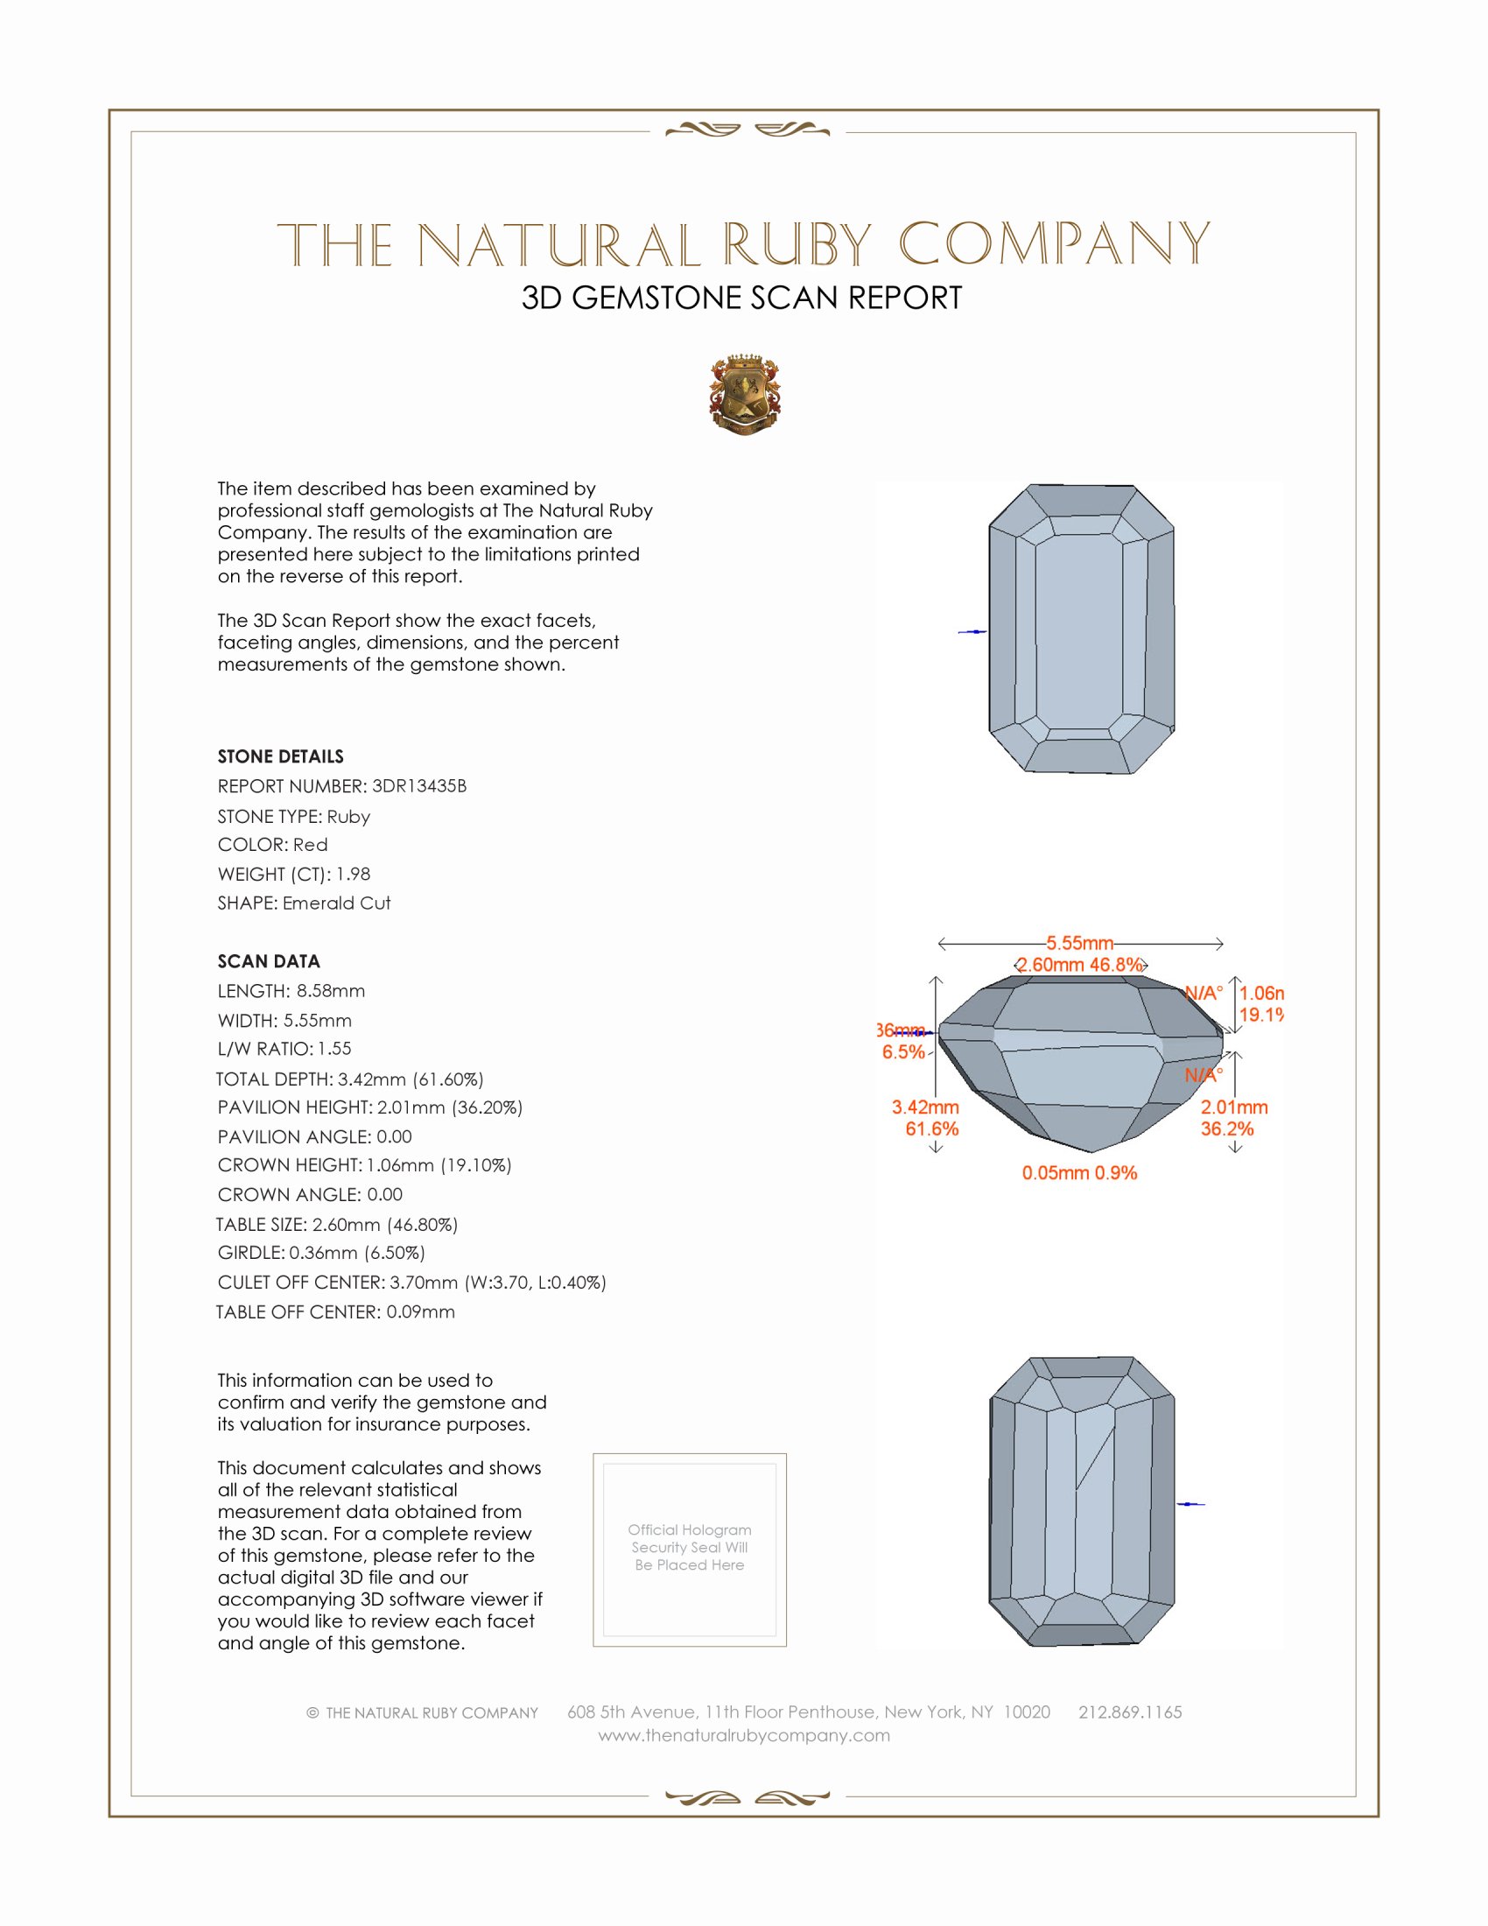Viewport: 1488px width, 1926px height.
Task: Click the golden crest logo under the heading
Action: (x=745, y=394)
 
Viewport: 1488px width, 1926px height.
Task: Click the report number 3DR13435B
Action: (x=418, y=786)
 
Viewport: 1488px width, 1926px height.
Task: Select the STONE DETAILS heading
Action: (x=280, y=756)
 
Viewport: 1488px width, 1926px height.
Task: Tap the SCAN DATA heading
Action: (x=269, y=961)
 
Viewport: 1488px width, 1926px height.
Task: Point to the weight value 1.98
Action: (x=353, y=874)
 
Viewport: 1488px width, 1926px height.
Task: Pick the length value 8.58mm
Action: (x=331, y=990)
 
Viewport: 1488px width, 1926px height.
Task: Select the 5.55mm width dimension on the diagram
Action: (x=1080, y=943)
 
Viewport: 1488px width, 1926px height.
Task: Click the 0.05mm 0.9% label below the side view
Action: (x=1079, y=1173)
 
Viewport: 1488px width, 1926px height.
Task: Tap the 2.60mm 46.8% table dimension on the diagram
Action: (x=1079, y=965)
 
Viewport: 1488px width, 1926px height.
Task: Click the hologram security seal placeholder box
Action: (x=690, y=1550)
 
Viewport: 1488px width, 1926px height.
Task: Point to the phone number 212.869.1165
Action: (x=1130, y=1712)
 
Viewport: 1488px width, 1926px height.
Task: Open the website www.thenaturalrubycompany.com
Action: (x=744, y=1735)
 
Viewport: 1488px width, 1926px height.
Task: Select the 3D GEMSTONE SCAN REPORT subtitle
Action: (x=741, y=298)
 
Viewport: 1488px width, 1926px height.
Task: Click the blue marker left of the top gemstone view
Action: (x=973, y=632)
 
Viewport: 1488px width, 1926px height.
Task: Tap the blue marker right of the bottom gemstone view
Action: (x=1190, y=1503)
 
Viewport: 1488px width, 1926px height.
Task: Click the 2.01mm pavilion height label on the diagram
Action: (x=1233, y=1107)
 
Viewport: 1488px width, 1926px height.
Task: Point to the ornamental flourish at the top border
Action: (x=747, y=130)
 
